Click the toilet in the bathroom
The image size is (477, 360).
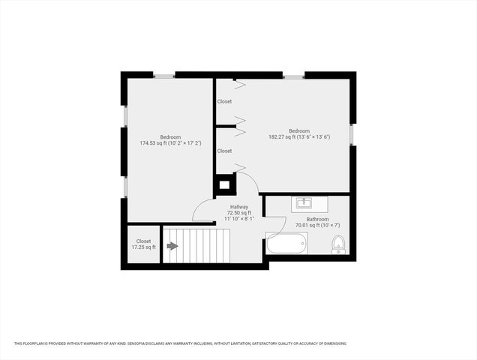[x=337, y=244]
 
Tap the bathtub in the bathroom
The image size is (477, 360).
[x=286, y=244]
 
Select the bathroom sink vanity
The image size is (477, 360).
[x=304, y=203]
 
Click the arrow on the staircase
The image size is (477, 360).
[x=172, y=246]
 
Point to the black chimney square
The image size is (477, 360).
[x=224, y=184]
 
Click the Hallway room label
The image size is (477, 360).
[x=239, y=207]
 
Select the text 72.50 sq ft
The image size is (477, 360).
[x=240, y=213]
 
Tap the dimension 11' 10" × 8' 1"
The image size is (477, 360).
[x=240, y=219]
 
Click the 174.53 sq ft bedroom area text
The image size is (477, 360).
[x=170, y=143]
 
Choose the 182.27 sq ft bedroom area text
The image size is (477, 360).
[x=299, y=137]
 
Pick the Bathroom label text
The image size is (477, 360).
[x=307, y=219]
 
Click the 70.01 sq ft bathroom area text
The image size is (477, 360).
[x=307, y=225]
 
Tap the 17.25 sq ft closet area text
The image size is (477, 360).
[x=143, y=247]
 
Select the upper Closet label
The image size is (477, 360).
[x=224, y=101]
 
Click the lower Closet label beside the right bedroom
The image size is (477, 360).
[x=224, y=151]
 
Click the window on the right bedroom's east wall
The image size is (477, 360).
[x=351, y=134]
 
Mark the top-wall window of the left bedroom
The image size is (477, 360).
[x=164, y=76]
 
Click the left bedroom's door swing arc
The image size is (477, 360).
[x=202, y=210]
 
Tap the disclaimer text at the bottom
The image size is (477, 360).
[x=180, y=343]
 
